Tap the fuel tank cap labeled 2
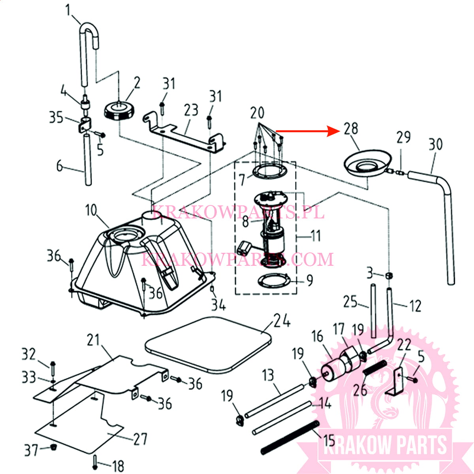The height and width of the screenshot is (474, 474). click(119, 111)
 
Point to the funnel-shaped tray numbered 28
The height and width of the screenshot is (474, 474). click(367, 163)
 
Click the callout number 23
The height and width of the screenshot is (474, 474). click(191, 110)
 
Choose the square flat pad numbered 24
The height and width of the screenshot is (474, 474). click(208, 344)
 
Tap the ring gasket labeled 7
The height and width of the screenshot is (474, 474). click(269, 171)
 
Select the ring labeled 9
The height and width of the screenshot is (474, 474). click(274, 280)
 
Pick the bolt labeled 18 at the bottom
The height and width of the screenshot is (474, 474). click(96, 463)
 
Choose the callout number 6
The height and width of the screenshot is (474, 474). click(60, 166)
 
